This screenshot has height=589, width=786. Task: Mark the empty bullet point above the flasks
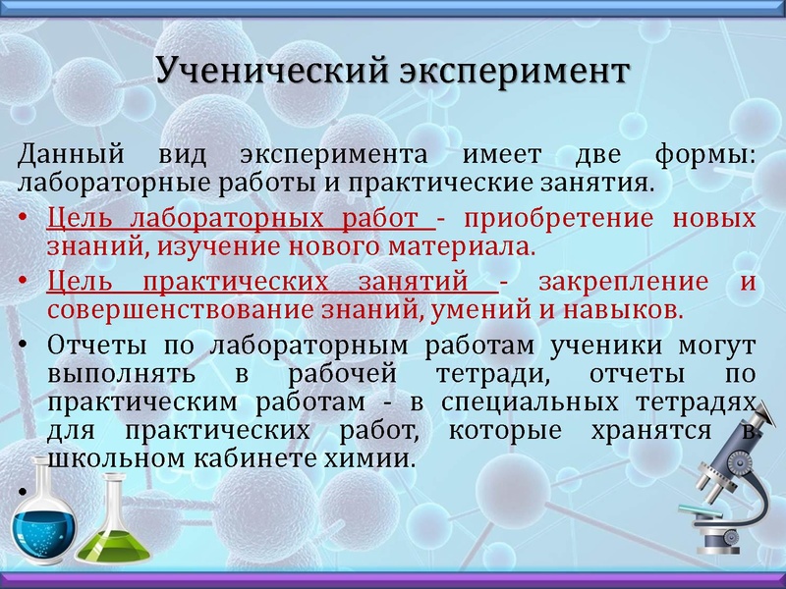pyautogui.click(x=23, y=490)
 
